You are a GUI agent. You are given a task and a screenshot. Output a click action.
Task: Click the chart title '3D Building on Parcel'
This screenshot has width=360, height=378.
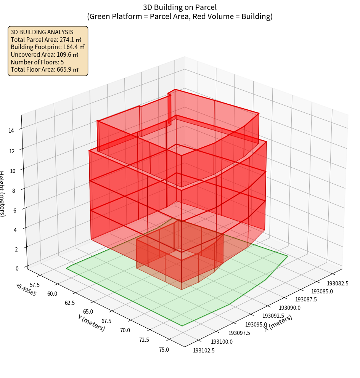(180, 7)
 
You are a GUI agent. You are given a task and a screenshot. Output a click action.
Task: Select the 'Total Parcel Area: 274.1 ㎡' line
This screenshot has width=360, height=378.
(46, 40)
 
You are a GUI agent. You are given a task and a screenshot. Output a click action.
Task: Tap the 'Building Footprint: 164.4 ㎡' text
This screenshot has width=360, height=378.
(48, 47)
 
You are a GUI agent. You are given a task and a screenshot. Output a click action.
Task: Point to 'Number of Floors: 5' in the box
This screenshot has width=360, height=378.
(37, 62)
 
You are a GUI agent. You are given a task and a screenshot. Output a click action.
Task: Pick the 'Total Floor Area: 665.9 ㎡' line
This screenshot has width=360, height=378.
(45, 70)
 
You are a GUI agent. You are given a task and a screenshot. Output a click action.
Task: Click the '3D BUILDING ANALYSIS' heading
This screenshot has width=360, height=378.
(42, 32)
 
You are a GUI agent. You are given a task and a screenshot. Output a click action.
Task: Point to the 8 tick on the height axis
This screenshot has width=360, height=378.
(13, 190)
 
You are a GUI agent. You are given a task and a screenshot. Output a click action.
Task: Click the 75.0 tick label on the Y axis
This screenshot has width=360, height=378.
(164, 349)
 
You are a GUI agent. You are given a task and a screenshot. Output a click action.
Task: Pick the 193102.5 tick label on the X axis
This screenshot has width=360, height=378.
(204, 350)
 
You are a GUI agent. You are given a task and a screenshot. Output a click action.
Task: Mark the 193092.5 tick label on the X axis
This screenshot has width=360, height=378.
(273, 316)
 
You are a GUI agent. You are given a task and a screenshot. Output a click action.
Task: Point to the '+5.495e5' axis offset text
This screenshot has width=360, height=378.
(26, 289)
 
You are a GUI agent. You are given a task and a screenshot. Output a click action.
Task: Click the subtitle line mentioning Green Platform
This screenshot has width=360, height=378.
(180, 16)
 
